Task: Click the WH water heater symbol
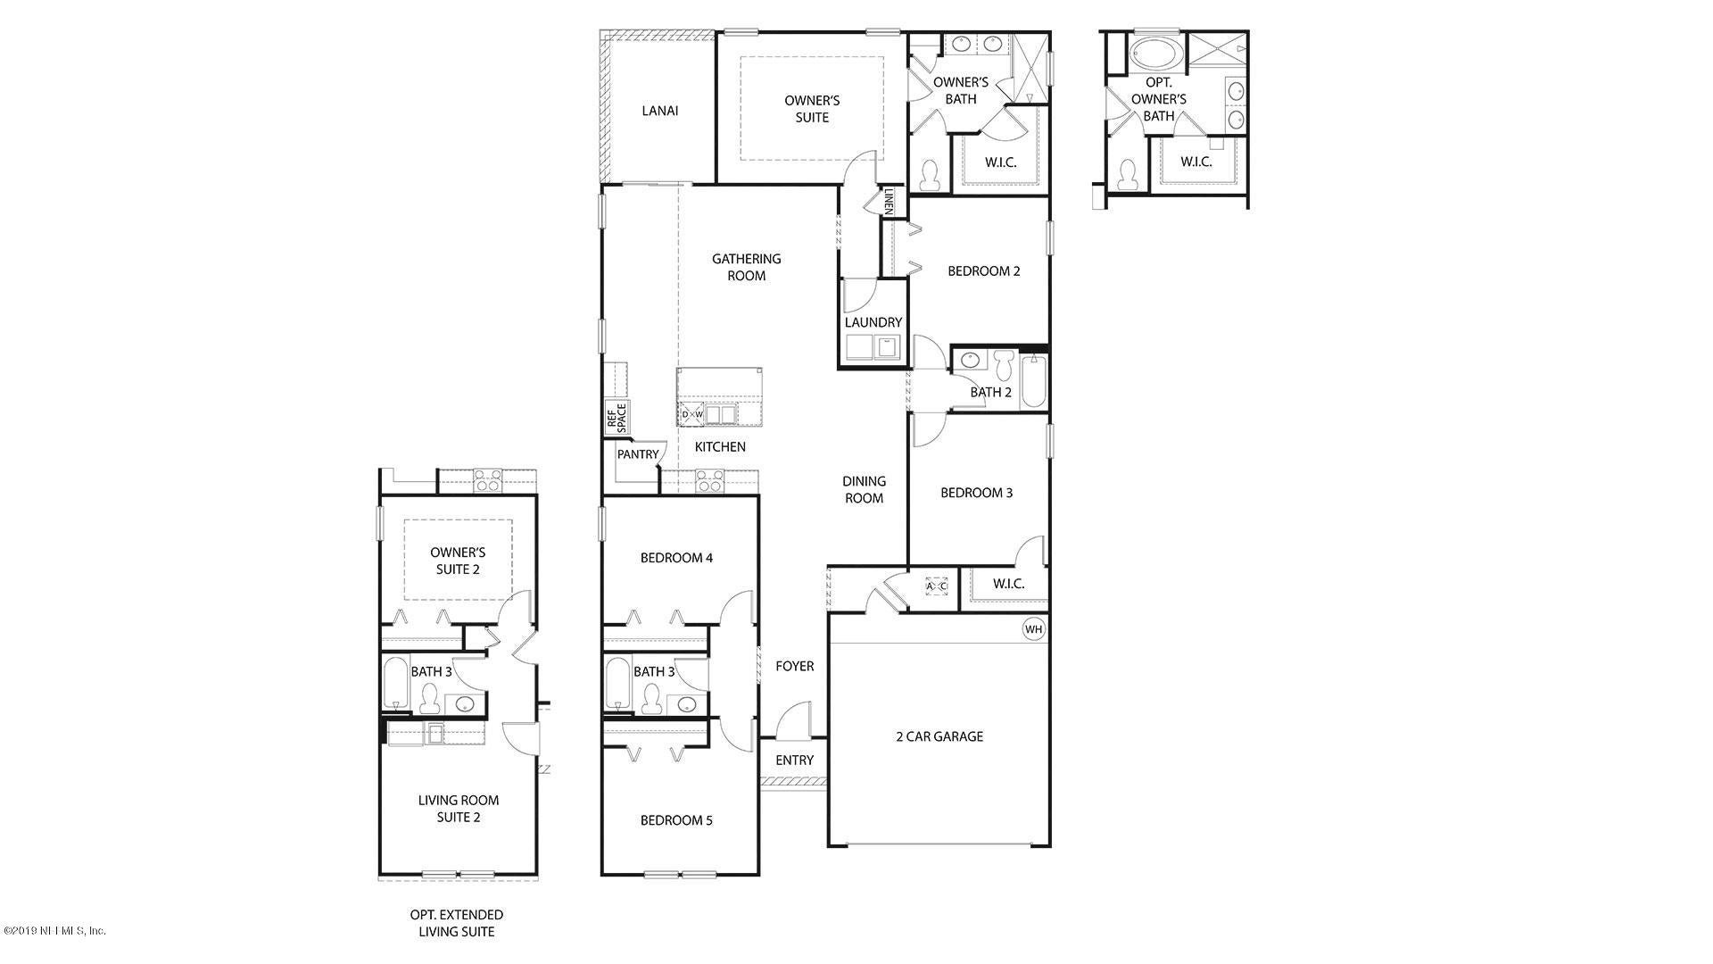pos(1033,629)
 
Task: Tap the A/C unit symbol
pos(936,586)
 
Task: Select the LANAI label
pos(660,111)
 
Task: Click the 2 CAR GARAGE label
pos(939,736)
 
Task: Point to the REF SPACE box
pos(617,417)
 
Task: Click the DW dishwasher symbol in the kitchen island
pos(692,414)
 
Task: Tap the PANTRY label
pos(638,454)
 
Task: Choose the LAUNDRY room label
pos(873,322)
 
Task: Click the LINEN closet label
pos(890,202)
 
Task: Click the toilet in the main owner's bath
pos(931,175)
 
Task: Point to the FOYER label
pos(794,666)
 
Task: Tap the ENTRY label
pos(794,760)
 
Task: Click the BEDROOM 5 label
pos(676,820)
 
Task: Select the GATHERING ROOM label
pos(747,267)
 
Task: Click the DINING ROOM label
pos(864,490)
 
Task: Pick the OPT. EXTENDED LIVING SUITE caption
pos(457,923)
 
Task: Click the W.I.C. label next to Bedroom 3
pos(1008,584)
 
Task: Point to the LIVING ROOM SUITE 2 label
pos(459,809)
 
